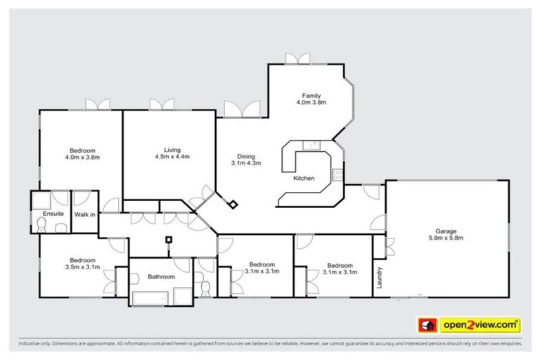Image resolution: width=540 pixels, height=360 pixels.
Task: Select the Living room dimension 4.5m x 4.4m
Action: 172,157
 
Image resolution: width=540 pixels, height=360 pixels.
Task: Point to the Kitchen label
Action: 303,179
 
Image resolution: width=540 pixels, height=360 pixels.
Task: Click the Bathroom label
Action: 160,276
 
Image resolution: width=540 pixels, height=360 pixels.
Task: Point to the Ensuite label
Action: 53,213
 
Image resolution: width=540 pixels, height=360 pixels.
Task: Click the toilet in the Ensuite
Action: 42,225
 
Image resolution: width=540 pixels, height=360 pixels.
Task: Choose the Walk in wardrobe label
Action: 85,213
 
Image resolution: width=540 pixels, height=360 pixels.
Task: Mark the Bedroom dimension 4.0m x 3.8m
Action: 82,157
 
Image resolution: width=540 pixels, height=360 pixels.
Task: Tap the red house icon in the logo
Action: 426,325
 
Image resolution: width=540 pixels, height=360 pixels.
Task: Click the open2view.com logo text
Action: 480,325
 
